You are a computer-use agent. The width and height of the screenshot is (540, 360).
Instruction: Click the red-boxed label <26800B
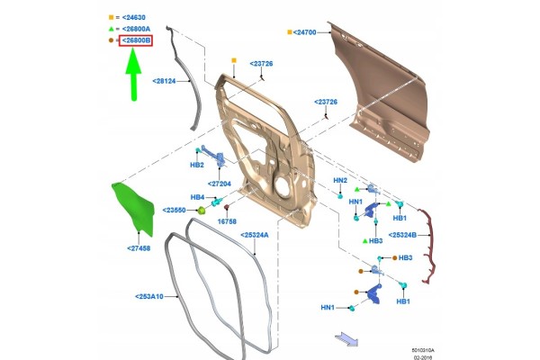(136, 40)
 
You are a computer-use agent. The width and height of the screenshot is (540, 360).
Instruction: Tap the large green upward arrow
(133, 74)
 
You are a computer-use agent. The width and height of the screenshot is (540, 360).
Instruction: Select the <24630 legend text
(133, 17)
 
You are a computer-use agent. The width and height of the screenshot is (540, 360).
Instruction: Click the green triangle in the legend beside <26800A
(111, 29)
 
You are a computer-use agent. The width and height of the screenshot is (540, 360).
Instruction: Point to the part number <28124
(164, 81)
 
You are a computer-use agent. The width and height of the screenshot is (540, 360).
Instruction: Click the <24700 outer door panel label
(304, 32)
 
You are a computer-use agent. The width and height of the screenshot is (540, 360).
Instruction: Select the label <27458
(139, 248)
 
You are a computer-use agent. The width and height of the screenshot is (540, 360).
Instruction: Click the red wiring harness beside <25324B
(428, 247)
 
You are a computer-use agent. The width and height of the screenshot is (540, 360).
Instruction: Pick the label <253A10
(149, 296)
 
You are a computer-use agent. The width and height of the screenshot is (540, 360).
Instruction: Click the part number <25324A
(254, 235)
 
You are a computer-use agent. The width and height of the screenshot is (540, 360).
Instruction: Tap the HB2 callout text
(197, 165)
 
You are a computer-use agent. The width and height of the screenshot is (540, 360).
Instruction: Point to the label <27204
(220, 184)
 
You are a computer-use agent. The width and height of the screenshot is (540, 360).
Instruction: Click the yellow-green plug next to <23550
(201, 210)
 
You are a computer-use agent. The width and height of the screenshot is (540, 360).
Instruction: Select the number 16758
(227, 221)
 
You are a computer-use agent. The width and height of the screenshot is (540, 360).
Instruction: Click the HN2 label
(340, 180)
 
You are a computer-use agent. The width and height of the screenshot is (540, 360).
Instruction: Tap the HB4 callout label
(197, 197)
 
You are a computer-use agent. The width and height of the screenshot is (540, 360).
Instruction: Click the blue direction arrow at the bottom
(346, 338)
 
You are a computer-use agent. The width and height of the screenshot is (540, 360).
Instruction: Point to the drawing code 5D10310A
(423, 350)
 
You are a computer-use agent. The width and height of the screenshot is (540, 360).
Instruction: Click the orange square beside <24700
(290, 32)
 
